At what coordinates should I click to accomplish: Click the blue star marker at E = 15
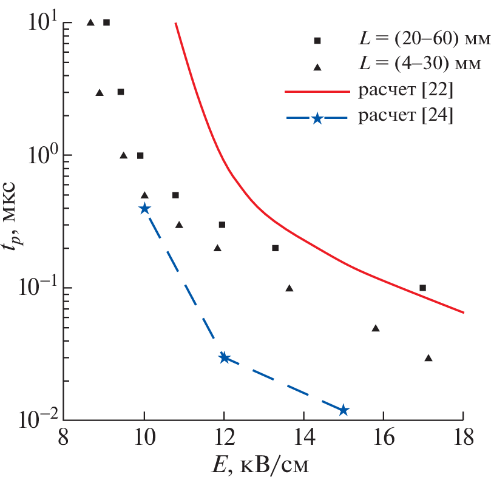[x=344, y=410]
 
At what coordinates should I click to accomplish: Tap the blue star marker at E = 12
[x=224, y=357]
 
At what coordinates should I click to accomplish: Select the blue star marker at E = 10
[x=144, y=209]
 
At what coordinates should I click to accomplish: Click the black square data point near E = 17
[x=423, y=288]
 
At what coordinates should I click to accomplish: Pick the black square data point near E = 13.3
[x=275, y=248]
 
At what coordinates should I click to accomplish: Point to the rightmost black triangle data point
[x=428, y=358]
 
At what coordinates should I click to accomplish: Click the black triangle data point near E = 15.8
[x=376, y=328]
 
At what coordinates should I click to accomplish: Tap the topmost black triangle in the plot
[x=90, y=22]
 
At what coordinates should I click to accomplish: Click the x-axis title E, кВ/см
[x=264, y=465]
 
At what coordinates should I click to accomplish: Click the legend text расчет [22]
[x=405, y=92]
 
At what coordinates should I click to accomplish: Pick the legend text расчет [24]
[x=405, y=117]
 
